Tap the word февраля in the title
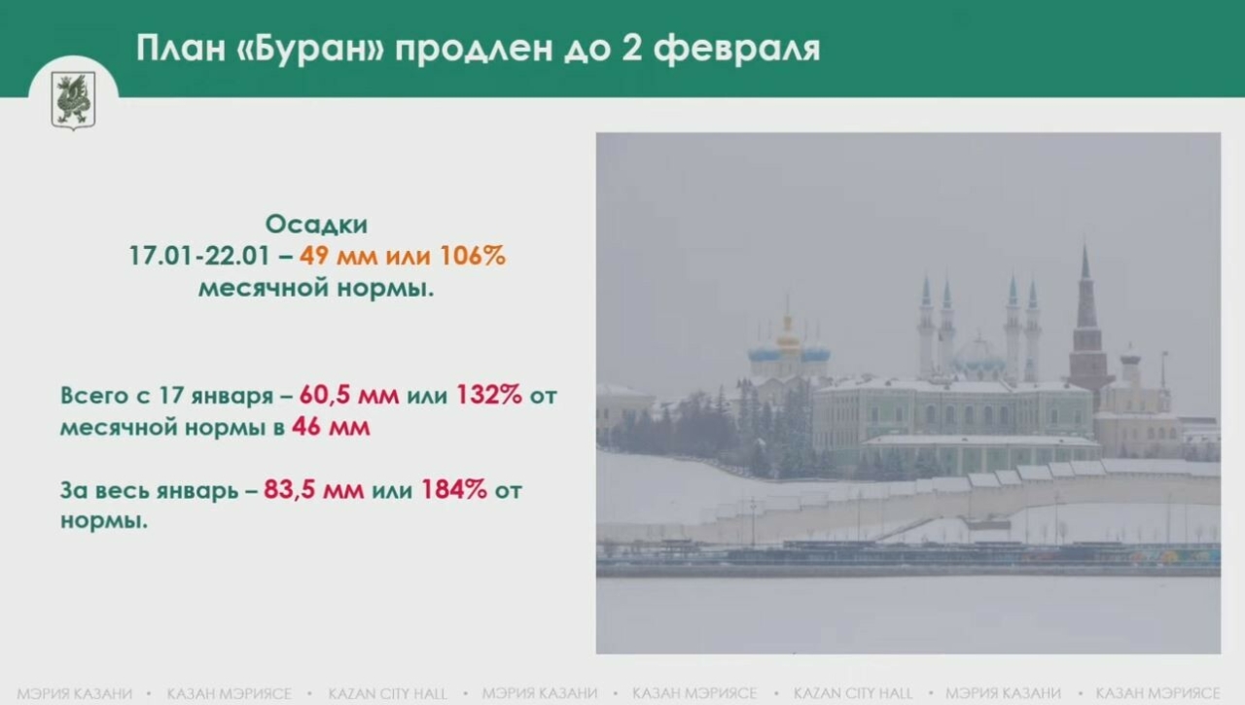tap(736, 48)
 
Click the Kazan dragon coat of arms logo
tap(73, 99)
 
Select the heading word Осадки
tap(317, 225)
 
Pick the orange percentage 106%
tap(473, 257)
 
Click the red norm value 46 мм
tap(331, 427)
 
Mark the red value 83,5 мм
tap(313, 490)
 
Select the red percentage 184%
tap(453, 490)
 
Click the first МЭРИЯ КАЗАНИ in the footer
tap(74, 693)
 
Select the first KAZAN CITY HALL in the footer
tap(388, 693)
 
